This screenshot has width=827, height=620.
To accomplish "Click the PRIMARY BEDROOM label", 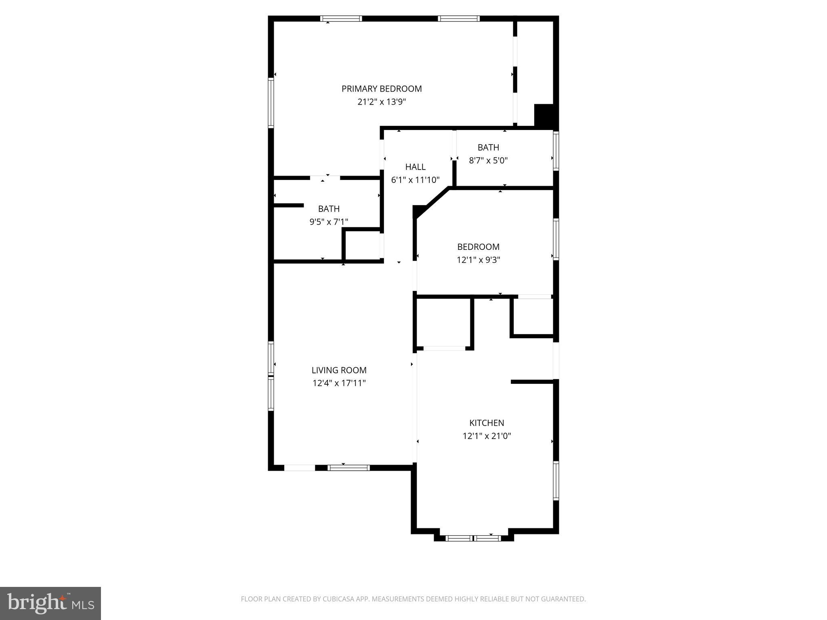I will (382, 89).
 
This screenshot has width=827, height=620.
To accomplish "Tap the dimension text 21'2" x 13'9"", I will (382, 102).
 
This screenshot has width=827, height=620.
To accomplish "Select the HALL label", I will (415, 167).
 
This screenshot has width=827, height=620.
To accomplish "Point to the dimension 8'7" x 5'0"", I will (488, 160).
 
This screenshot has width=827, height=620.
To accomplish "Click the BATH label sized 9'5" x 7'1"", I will (329, 209).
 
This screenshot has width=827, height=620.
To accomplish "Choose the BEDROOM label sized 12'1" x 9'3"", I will (478, 247).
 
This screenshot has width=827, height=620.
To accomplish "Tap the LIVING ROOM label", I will (339, 370).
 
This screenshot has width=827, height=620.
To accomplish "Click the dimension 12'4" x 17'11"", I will (339, 383).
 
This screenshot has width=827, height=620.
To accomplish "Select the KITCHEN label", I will (487, 423).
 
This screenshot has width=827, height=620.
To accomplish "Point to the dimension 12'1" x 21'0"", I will (487, 436).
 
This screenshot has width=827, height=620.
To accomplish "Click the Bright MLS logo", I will (50, 603).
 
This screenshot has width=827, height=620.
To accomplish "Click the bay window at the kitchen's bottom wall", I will (473, 538).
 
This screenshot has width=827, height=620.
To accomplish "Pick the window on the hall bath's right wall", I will (556, 150).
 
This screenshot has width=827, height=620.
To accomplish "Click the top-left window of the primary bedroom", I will (341, 19).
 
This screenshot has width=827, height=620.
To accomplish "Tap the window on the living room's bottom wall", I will (348, 468).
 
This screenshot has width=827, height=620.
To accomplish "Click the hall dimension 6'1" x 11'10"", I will (415, 180).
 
